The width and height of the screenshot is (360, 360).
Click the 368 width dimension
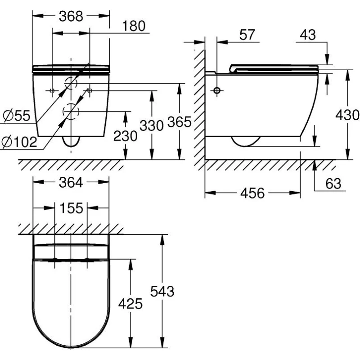[71, 16]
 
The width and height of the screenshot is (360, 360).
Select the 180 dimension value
[134, 26]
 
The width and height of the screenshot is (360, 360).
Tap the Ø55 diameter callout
[17, 115]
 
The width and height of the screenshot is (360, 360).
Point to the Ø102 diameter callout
[19, 142]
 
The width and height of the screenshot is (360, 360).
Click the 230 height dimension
[126, 136]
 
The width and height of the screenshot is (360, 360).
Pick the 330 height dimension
[152, 126]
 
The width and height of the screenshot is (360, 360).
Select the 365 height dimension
[179, 121]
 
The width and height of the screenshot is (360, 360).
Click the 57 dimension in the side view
[247, 35]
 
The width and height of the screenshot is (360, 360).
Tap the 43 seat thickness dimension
[308, 35]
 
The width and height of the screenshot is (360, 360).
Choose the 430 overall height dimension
[347, 115]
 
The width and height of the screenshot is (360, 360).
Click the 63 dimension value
[333, 184]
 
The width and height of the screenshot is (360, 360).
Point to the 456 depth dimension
[252, 193]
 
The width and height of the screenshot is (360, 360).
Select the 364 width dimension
[71, 183]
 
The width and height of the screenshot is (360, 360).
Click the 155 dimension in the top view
[71, 208]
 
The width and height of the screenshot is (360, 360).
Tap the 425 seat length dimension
[130, 304]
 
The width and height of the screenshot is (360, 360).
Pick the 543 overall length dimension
[162, 291]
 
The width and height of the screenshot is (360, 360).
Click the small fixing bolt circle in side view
[217, 90]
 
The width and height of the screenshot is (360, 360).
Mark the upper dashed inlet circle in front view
[71, 83]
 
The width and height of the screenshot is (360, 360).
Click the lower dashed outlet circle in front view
[71, 112]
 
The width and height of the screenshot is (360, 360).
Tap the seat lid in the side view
[274, 69]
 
